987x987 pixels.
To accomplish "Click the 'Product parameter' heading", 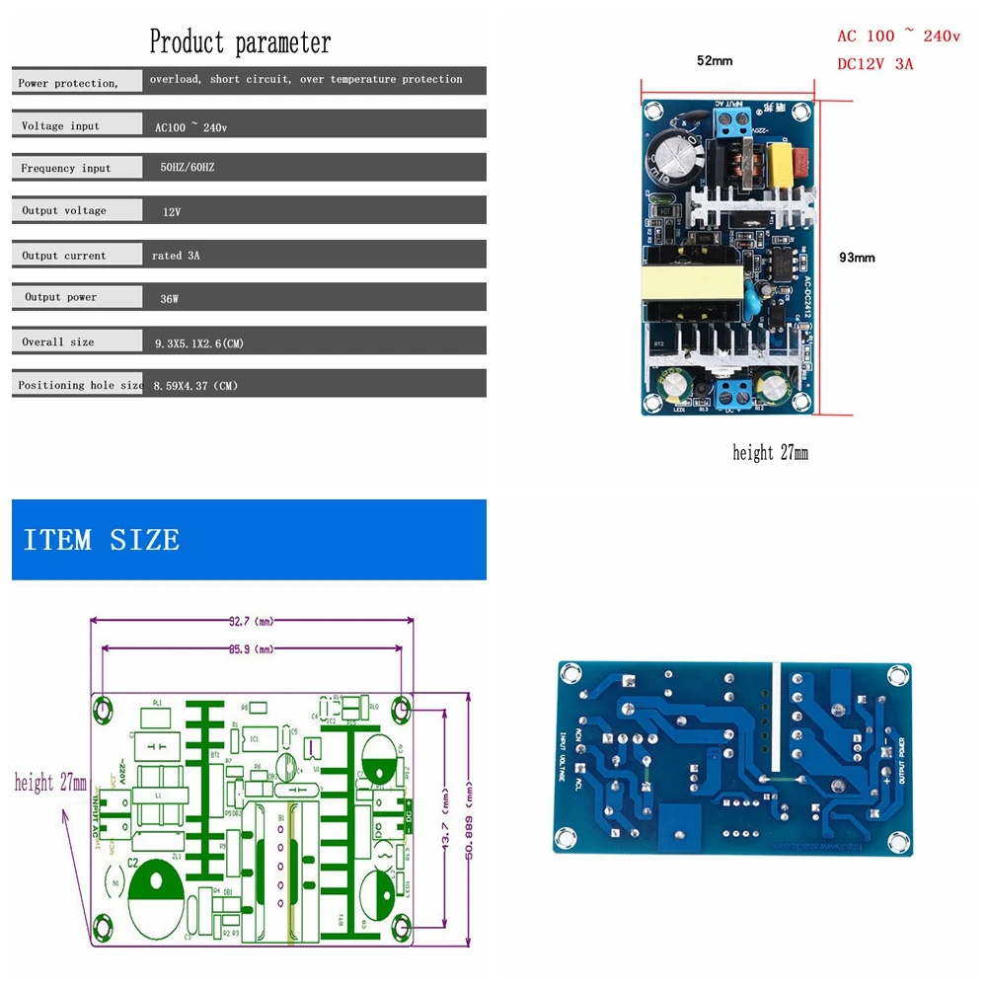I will point(240,42).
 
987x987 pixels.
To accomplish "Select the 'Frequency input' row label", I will point(66,169).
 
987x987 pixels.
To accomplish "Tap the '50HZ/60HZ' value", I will point(187,168).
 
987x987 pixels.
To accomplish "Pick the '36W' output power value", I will point(170,297).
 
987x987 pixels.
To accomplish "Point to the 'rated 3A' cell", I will point(176,256).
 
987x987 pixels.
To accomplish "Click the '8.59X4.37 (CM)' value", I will point(195,386).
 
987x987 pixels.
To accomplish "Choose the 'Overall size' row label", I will point(58,342).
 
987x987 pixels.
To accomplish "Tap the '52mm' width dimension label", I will point(715,61).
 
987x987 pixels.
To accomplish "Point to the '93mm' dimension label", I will point(857,258).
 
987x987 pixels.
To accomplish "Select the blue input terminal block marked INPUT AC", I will point(731,124).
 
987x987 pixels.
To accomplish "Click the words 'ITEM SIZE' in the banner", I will point(102,540).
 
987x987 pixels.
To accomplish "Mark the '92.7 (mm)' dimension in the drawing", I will point(251,622).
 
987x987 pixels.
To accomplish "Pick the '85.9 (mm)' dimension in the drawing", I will point(251,649).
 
